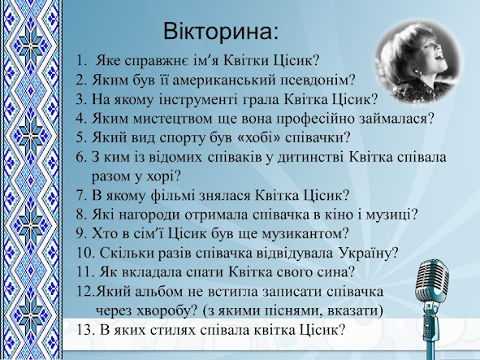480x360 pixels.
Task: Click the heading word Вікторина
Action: [x=220, y=31]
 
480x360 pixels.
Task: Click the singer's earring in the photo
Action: [x=416, y=71]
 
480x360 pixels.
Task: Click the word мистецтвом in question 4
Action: [x=172, y=119]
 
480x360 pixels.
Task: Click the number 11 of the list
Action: [x=84, y=272]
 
